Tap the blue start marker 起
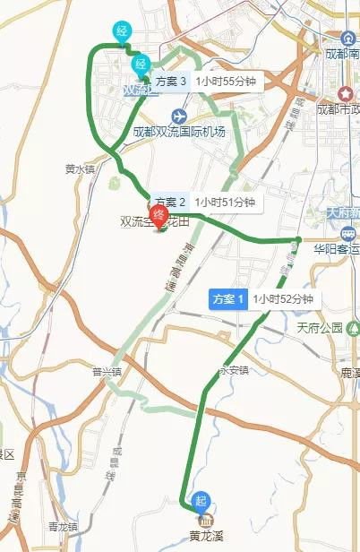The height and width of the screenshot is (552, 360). click(198, 500)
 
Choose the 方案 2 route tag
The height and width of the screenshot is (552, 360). click(170, 203)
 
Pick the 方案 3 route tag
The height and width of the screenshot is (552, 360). click(170, 81)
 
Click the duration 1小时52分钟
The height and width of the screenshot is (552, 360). click(282, 299)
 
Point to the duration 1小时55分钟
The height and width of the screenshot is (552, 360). click(227, 81)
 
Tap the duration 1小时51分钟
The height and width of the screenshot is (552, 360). click(226, 203)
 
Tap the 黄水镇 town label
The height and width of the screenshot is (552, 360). click(80, 168)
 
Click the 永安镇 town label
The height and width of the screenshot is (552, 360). click(231, 370)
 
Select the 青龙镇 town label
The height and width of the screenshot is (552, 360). click(64, 526)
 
